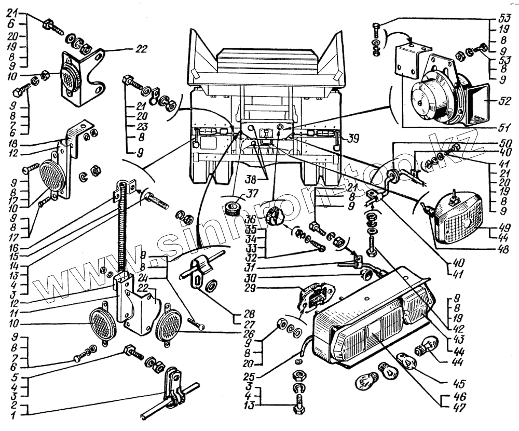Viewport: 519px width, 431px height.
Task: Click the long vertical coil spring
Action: coord(122,228)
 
